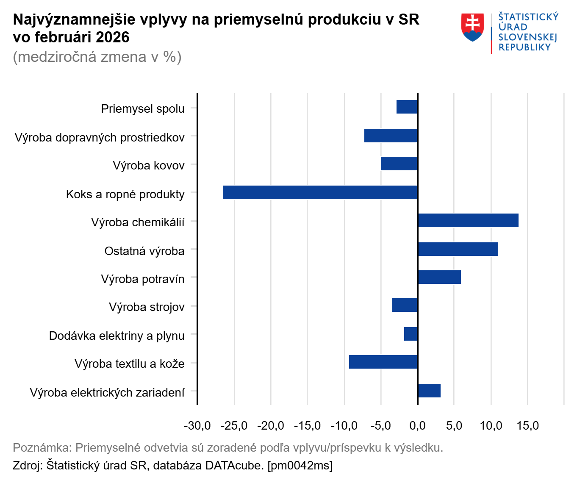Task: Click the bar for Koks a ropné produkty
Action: click(320, 192)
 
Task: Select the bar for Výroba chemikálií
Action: click(468, 220)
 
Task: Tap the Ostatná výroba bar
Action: click(458, 249)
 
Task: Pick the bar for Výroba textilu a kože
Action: click(383, 362)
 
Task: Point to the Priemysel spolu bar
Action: click(407, 107)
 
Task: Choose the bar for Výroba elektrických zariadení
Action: click(429, 391)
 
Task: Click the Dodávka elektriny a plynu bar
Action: click(411, 334)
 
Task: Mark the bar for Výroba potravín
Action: click(439, 277)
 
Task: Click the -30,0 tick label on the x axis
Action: click(197, 425)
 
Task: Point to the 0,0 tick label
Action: click(418, 425)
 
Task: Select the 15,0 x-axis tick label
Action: click(527, 425)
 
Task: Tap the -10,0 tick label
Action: click(344, 425)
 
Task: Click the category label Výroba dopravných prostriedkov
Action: click(100, 138)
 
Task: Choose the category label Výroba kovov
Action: click(149, 166)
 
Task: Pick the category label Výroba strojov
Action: click(147, 307)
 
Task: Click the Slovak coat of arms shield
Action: click(472, 27)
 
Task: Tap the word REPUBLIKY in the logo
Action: click(524, 47)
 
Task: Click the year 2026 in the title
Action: click(112, 37)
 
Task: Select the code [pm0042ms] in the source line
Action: click(300, 465)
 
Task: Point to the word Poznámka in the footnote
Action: click(41, 447)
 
